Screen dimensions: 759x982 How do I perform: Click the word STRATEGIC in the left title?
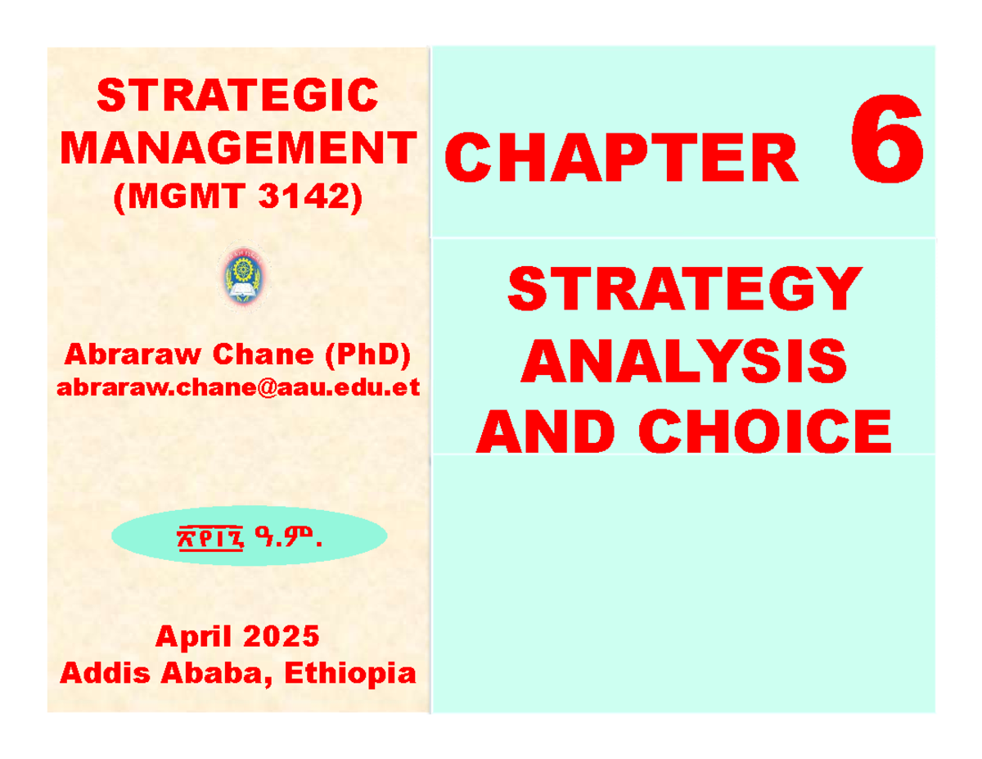coord(237,96)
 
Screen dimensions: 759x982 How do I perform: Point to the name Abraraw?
coord(128,354)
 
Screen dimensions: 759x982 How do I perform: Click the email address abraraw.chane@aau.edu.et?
coord(237,386)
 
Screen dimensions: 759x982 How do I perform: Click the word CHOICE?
coord(777,431)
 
